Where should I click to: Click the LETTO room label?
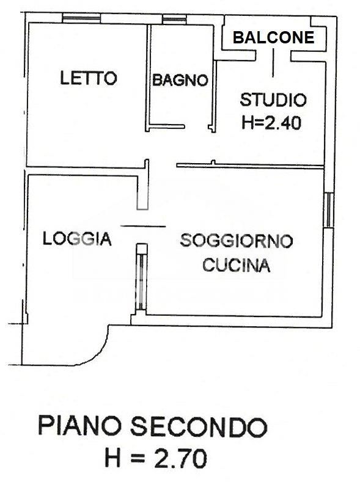coord(88,78)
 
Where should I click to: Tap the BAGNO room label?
coord(180,80)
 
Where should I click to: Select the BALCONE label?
coord(273,38)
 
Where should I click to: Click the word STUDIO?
coord(273,99)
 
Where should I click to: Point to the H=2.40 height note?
coord(272,122)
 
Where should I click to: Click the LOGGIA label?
coord(77,239)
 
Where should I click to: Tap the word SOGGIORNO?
coord(237,241)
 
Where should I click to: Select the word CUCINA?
coord(237,266)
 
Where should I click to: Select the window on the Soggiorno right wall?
coord(330,209)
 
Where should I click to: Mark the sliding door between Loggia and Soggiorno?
coord(141,278)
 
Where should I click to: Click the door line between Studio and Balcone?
coord(273,61)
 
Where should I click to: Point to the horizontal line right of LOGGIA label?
coord(143,226)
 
